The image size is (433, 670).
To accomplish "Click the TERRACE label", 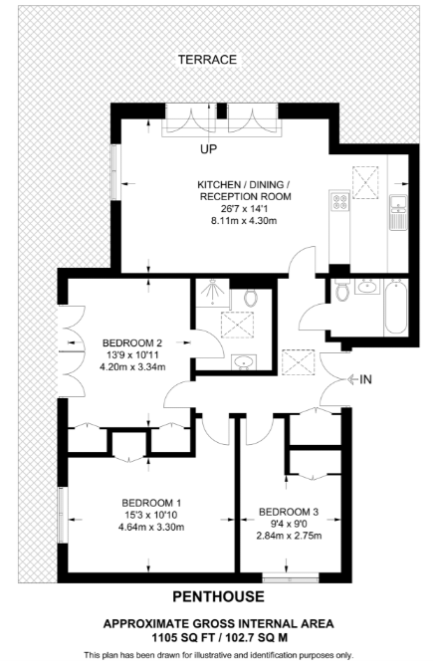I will [x=207, y=60].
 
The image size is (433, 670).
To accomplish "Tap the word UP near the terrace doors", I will [x=208, y=149].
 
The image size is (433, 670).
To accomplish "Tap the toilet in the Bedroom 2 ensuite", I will [x=249, y=297].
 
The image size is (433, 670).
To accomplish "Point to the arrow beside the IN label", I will [x=352, y=379].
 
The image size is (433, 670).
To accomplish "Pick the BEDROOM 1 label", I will [x=151, y=502].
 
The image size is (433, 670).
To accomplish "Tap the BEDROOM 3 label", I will [x=289, y=512].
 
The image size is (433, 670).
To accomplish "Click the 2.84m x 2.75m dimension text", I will [x=289, y=537].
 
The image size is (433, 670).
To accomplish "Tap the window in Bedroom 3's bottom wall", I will [x=290, y=577].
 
